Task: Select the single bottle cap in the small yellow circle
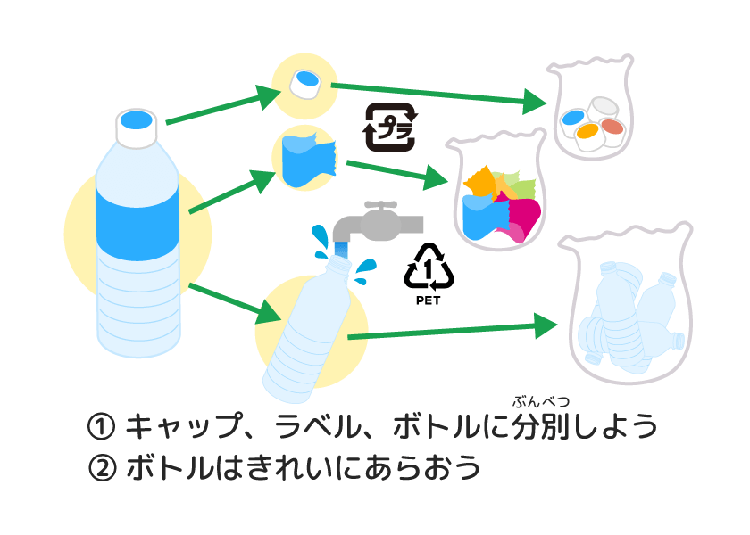[304, 86]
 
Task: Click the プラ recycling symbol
[392, 128]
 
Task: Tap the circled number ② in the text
[103, 467]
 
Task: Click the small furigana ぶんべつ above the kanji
[541, 401]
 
